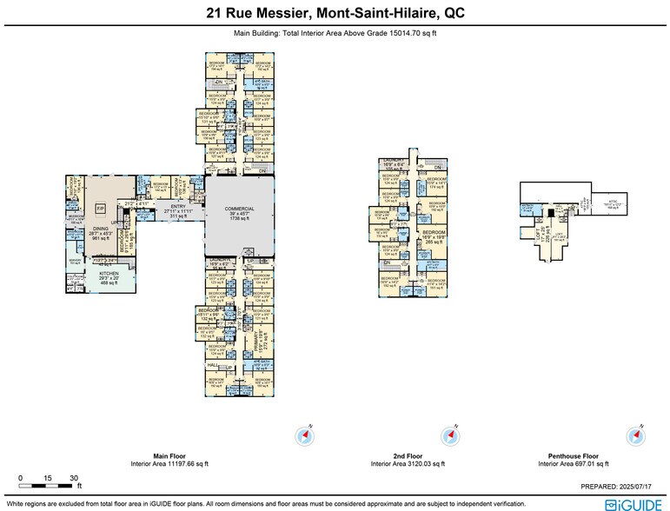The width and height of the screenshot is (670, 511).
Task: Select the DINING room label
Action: pos(103,228)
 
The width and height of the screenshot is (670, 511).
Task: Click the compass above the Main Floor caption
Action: pos(306,435)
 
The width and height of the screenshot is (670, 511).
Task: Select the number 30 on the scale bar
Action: pos(75,478)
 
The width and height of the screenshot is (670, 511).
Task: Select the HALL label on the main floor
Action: pos(213,366)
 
